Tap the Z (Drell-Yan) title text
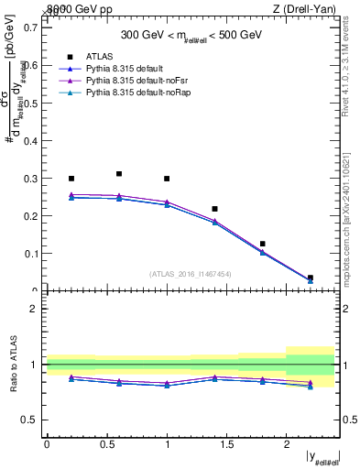click(310, 9)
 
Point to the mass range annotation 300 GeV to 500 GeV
click(193, 35)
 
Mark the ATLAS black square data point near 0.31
click(119, 173)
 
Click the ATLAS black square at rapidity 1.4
click(214, 209)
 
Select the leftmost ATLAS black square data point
click(71, 178)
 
